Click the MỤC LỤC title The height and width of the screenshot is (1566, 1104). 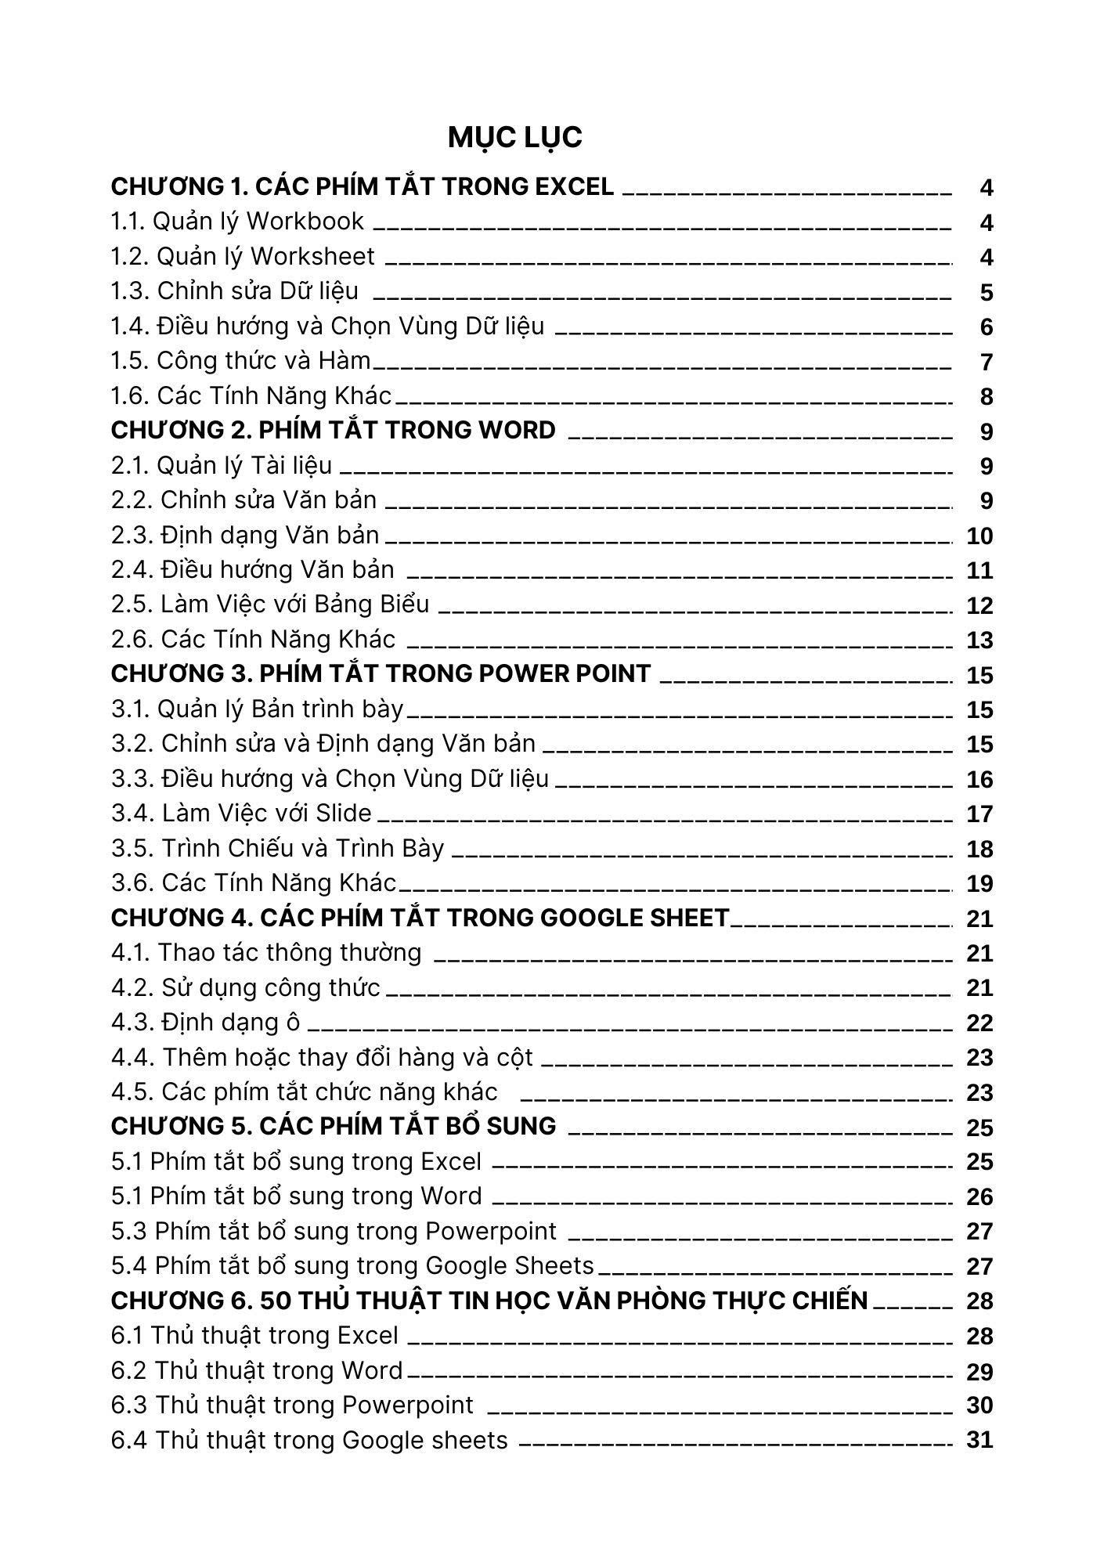click(x=514, y=138)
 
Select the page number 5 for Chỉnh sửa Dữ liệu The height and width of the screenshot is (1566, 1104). click(x=986, y=293)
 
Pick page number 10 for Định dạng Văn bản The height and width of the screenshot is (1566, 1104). click(x=980, y=536)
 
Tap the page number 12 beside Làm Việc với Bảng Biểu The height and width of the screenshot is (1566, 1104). click(x=980, y=605)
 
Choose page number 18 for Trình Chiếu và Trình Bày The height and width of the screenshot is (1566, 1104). click(x=980, y=850)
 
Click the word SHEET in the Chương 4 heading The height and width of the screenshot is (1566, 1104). click(x=692, y=918)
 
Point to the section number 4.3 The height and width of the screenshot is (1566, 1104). click(x=131, y=1023)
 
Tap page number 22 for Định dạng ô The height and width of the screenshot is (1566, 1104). click(x=980, y=1023)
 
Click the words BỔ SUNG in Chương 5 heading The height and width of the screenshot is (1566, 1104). click(x=507, y=1126)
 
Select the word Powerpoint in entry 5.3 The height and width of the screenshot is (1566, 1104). click(x=491, y=1232)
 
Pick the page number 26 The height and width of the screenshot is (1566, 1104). click(x=980, y=1197)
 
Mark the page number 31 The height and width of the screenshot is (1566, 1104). click(x=980, y=1441)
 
